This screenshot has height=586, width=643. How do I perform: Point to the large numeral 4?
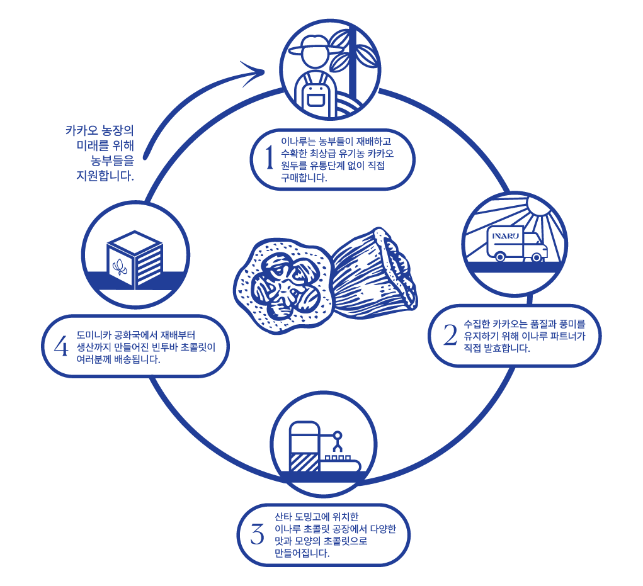[x=61, y=346]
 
